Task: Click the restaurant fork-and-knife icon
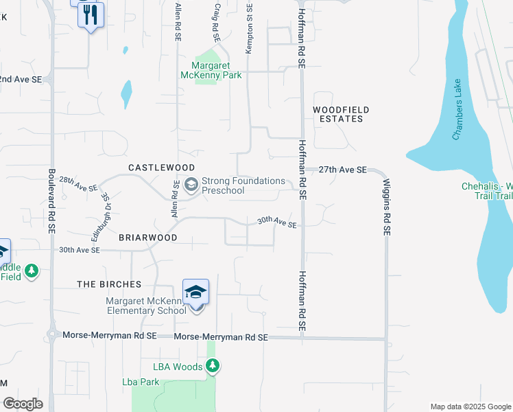coord(91,14)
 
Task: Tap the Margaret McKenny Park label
coord(211,71)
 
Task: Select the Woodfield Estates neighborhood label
coord(341,114)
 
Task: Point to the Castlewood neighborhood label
coord(161,168)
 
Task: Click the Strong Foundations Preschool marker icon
coord(191,184)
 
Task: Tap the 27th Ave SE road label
coord(342,169)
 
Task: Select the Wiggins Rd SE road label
coord(386,207)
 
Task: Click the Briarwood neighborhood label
coord(147,237)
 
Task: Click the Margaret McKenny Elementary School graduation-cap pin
coord(195,293)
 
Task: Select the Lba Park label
coord(141,382)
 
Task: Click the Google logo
coord(23,404)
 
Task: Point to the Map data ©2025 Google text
coord(470,407)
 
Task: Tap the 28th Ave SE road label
coord(78,183)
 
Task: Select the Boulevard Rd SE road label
coord(51,203)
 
